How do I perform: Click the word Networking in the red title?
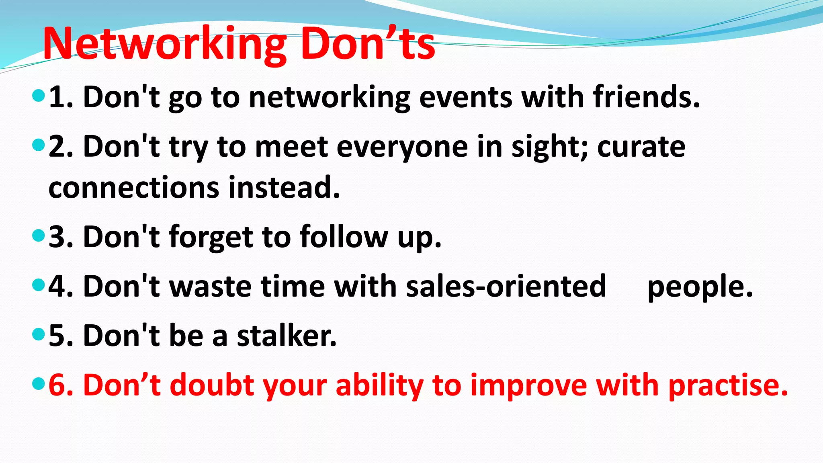coord(165,44)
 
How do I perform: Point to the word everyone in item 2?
coord(402,147)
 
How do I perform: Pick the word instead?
coord(284,188)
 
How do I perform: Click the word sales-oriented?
coord(506,287)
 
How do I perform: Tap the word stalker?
coord(286,336)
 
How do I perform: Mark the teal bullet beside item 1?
coord(38,96)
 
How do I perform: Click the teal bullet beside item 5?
coord(38,334)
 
